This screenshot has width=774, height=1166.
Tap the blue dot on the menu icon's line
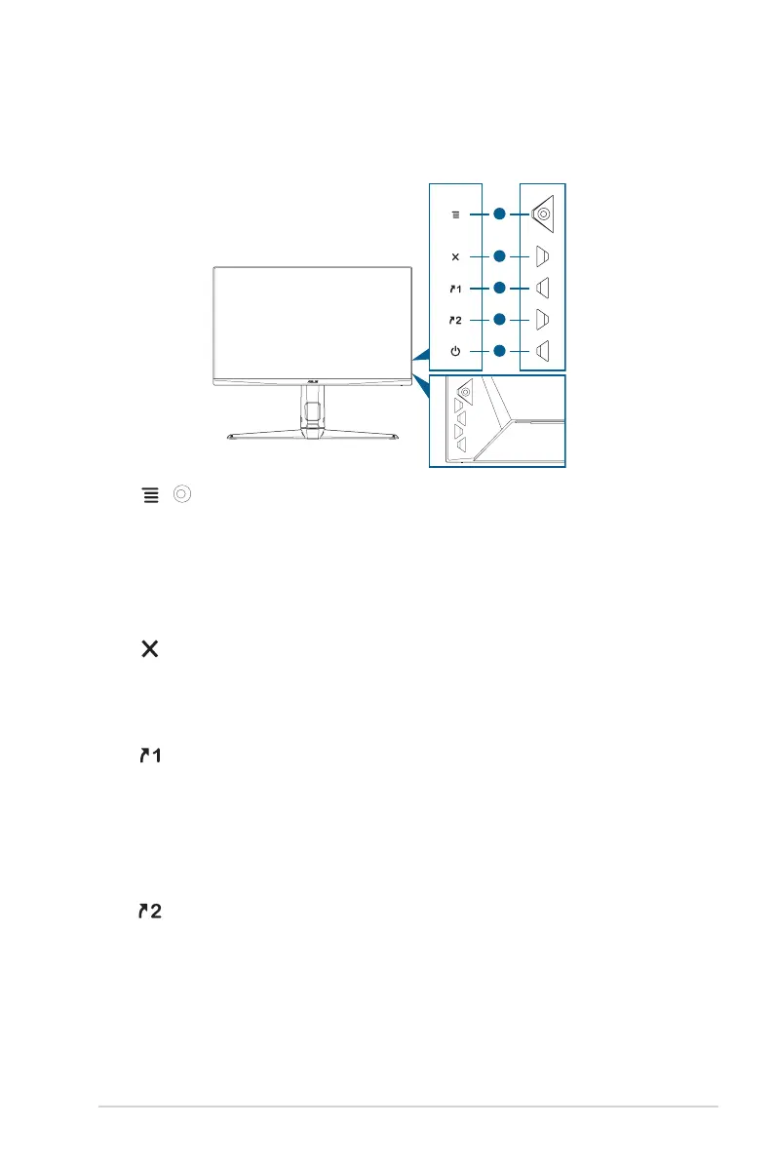click(x=500, y=212)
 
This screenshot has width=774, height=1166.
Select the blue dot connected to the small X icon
click(x=500, y=257)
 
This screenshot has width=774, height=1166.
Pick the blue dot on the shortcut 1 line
click(x=500, y=288)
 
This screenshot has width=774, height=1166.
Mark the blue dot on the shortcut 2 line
click(x=500, y=319)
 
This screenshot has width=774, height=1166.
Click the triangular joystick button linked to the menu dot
click(x=543, y=213)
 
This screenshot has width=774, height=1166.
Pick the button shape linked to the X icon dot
click(x=544, y=257)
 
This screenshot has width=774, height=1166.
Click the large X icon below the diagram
click(x=149, y=648)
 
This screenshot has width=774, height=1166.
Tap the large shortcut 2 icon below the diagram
click(x=149, y=912)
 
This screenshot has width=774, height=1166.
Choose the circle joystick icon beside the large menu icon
click(x=180, y=495)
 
